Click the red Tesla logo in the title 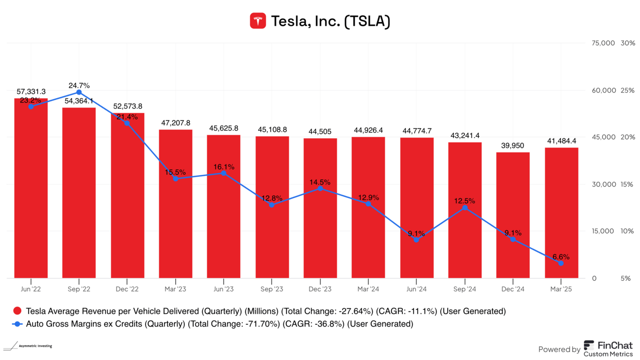click(x=258, y=21)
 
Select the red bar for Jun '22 click(x=31, y=188)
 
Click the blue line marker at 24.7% click(x=79, y=92)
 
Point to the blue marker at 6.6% click(x=561, y=263)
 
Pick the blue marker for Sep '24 click(x=465, y=208)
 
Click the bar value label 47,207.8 click(x=175, y=123)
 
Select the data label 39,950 click(x=513, y=145)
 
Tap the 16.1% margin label click(x=223, y=167)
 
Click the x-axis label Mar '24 click(x=368, y=289)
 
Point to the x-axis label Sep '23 click(x=271, y=289)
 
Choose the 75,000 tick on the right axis click(x=604, y=43)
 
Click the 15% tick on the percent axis click(x=627, y=184)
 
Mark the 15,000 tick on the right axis click(x=604, y=231)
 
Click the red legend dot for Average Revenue click(x=17, y=311)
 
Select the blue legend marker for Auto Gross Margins click(x=17, y=324)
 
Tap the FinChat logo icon click(x=589, y=346)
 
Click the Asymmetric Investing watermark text click(x=34, y=346)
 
